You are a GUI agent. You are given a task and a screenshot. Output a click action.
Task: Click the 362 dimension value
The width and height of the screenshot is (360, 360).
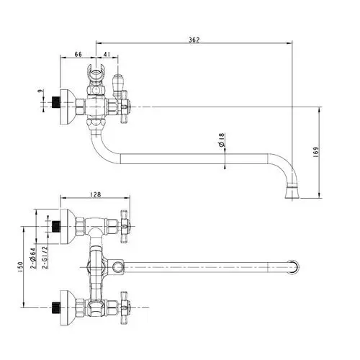pos(194,40)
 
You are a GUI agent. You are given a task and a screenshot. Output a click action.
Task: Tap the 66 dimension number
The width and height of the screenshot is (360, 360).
pos(78,54)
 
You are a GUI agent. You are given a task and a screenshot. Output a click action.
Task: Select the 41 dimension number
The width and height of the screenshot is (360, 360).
pos(107,54)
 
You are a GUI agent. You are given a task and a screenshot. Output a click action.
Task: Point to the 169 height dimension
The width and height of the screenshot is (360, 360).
pos(316,152)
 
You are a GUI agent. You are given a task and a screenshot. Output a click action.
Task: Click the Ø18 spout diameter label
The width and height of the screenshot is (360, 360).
pos(222,140)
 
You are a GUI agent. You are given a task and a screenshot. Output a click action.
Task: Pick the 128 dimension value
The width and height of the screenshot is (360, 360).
pos(96,194)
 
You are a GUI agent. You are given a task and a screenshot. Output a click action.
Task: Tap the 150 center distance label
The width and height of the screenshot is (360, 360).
pos(20,267)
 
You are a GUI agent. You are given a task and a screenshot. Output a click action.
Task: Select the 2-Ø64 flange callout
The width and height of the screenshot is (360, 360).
pos(33,258)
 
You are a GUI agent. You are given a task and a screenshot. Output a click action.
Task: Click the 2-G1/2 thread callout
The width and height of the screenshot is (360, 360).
pos(45,257)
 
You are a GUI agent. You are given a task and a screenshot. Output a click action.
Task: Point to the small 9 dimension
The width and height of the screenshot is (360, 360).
pos(41,91)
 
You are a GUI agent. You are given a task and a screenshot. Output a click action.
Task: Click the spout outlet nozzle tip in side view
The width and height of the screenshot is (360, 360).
pos(292,193)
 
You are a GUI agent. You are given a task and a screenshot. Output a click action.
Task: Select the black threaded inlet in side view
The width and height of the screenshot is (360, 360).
pos(56,102)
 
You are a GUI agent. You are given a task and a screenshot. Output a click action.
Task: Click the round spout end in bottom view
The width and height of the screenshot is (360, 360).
pos(294,266)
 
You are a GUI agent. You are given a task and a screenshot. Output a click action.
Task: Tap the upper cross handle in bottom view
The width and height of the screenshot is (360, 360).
pos(125,227)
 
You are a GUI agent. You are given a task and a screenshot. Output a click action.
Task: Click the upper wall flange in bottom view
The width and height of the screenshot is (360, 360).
pos(68,227)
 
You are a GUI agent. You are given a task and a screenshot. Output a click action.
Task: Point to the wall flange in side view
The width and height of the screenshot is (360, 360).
pos(68,107)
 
